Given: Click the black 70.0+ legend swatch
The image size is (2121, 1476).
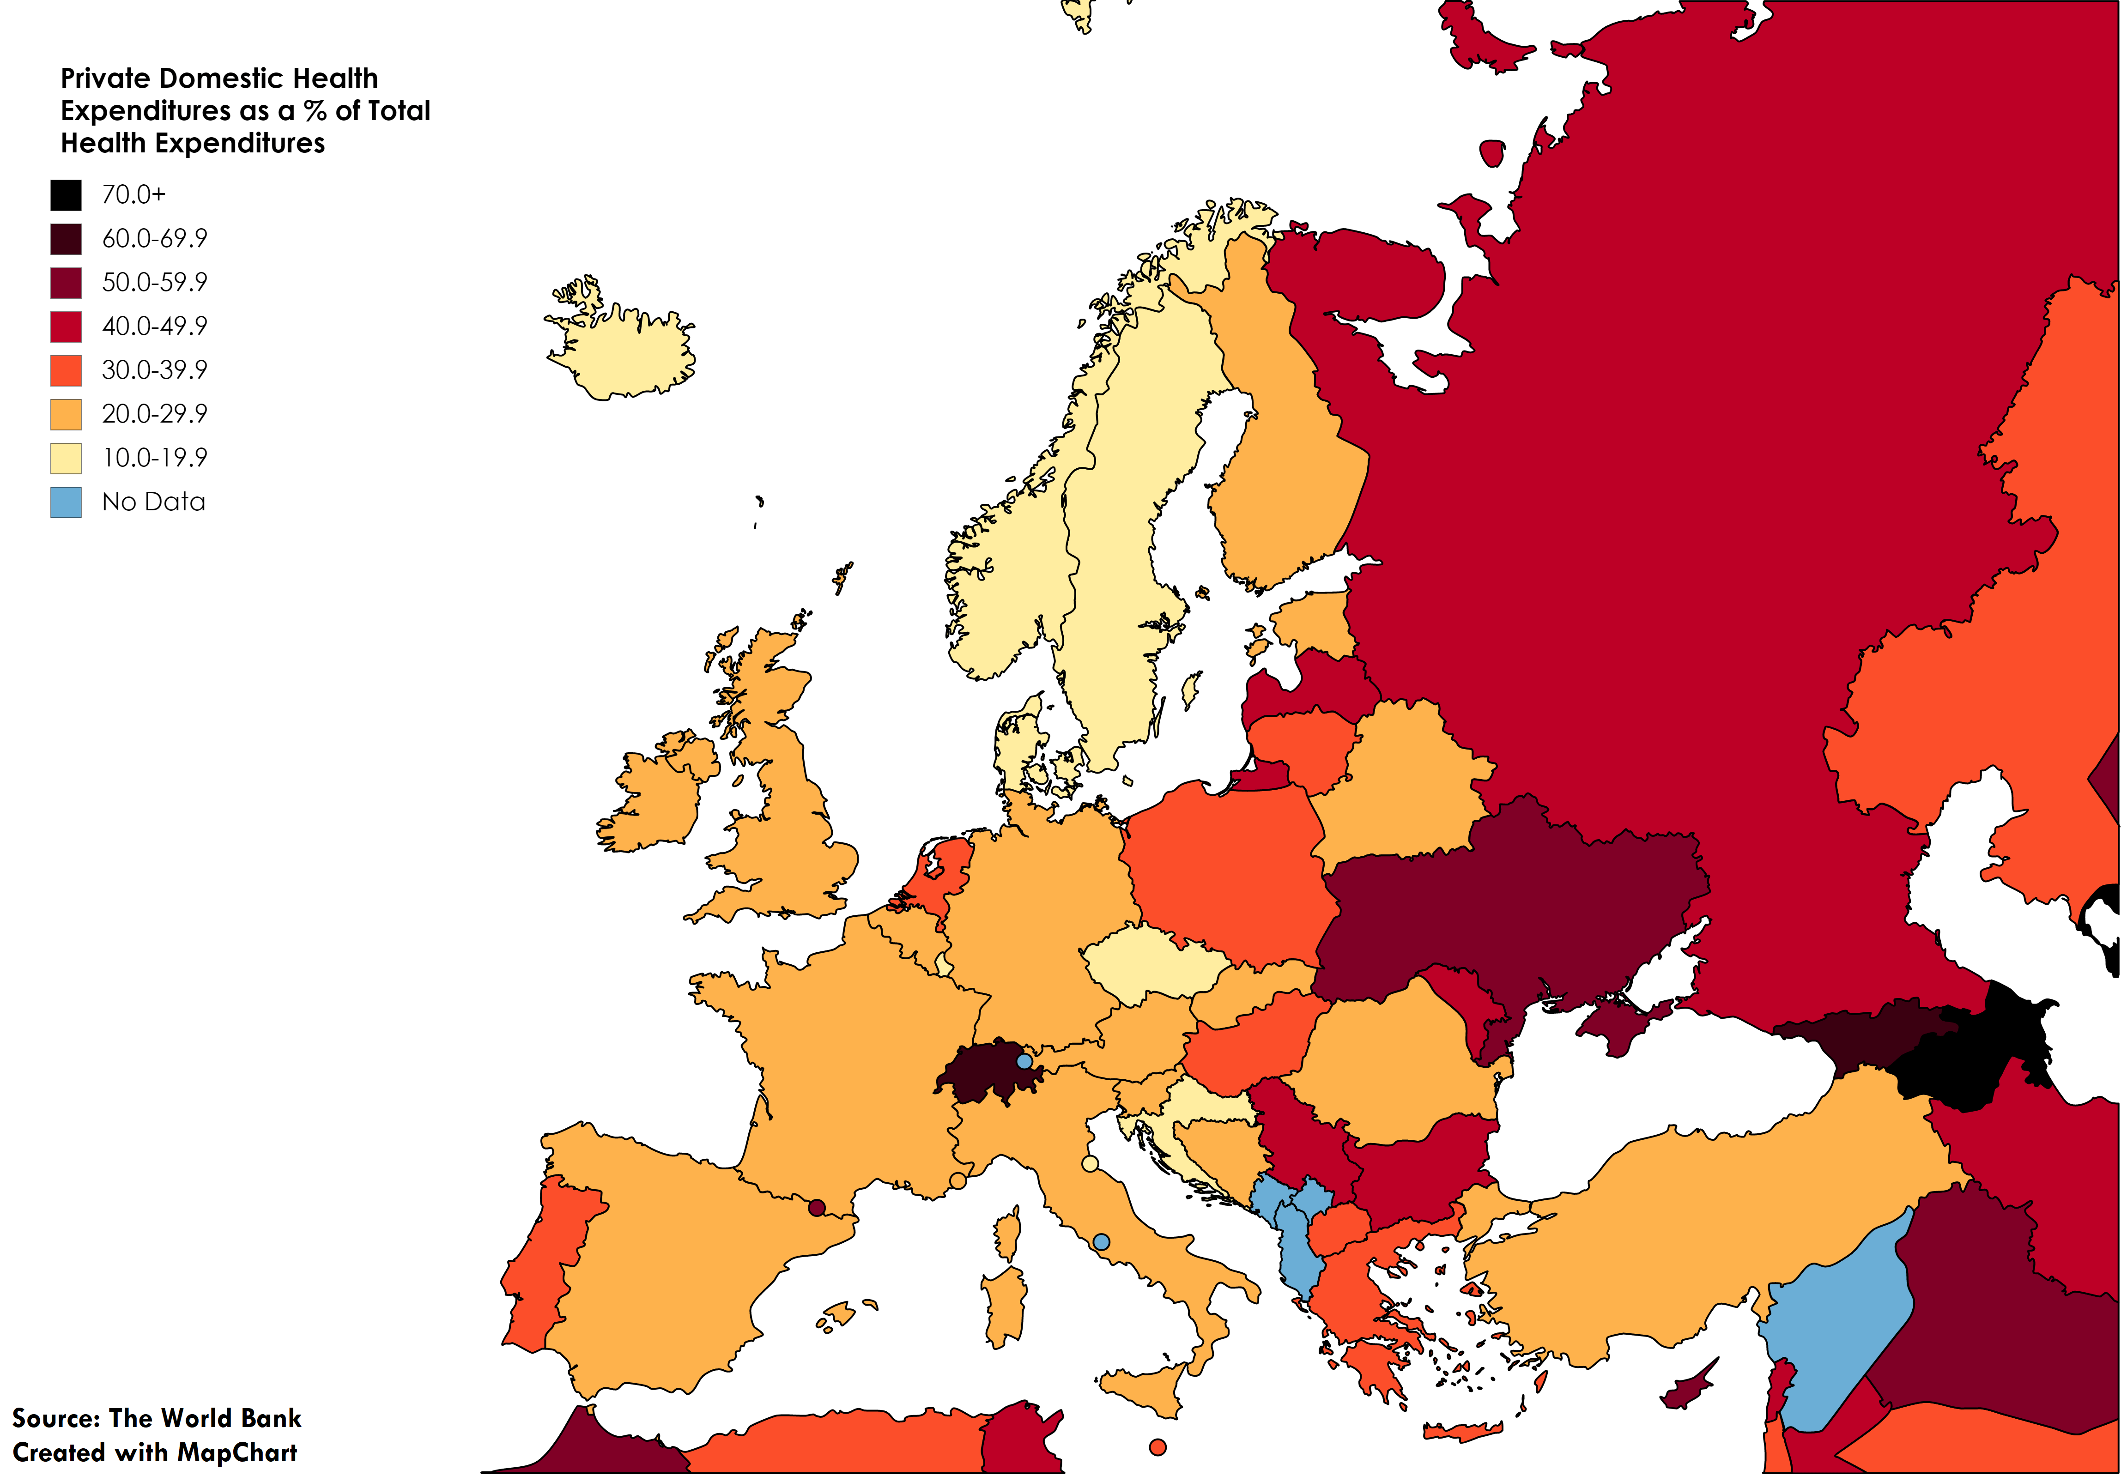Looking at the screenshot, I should coord(66,195).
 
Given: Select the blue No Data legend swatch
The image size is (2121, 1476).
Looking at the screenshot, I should coord(66,502).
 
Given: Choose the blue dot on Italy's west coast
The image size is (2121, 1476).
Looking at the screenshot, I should coord(1101,1242).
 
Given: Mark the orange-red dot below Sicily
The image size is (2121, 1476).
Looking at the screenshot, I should coord(1157,1447).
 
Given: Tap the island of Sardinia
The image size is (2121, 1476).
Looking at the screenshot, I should coord(1004,1307).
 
